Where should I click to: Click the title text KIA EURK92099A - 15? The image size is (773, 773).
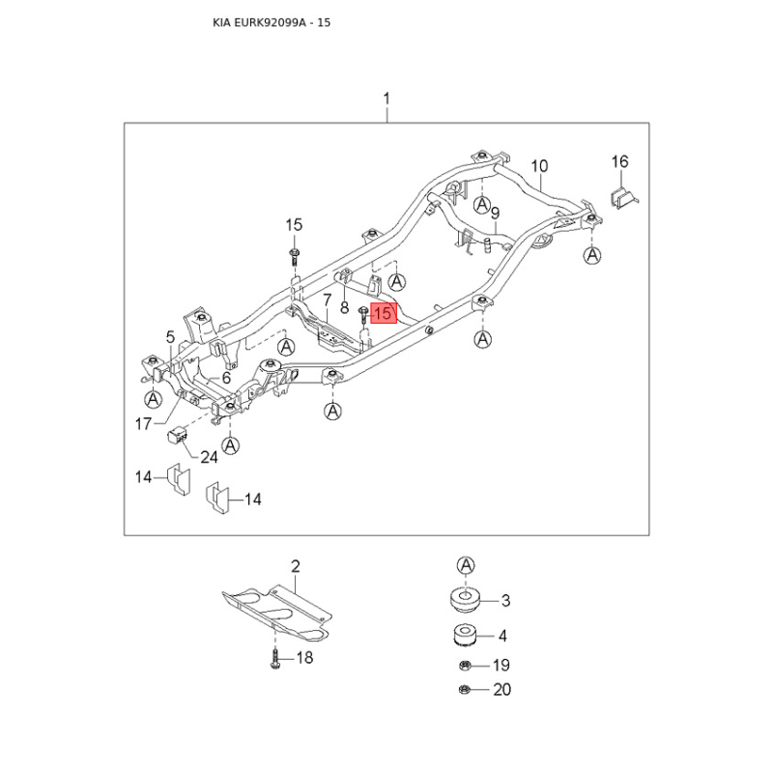272,22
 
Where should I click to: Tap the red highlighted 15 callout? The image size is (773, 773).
384,313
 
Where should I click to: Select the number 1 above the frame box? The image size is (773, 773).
386,99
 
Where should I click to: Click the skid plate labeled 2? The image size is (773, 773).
277,613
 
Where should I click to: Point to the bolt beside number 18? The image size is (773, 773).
275,659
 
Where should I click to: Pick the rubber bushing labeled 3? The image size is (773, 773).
465,599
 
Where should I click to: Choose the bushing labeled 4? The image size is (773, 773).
465,635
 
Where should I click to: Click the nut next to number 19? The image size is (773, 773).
464,666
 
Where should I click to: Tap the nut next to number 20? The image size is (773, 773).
464,689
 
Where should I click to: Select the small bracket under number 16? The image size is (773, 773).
624,197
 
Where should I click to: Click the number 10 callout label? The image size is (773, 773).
539,166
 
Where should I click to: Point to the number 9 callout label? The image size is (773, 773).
496,213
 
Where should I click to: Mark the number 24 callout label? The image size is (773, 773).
209,457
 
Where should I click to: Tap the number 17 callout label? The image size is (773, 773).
143,423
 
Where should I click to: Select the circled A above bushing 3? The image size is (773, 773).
466,565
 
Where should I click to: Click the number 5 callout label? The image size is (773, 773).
171,337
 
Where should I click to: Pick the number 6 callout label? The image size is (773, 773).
226,378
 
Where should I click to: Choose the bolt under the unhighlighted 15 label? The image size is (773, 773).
295,257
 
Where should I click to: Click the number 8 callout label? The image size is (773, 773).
345,307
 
